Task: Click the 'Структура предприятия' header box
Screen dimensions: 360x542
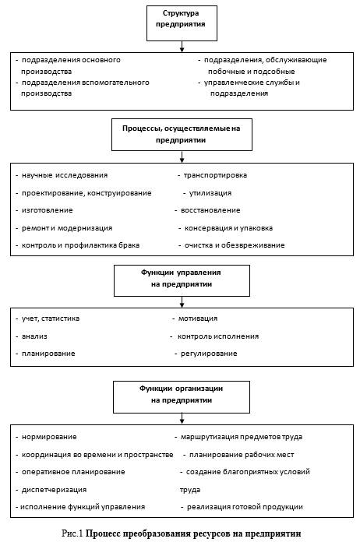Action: pos(182,23)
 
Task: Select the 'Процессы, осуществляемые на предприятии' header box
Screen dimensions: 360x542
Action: pos(182,135)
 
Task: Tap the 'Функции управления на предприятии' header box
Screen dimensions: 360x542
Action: pos(182,280)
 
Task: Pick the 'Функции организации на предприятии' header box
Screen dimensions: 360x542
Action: pos(182,397)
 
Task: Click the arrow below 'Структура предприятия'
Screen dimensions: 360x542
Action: pos(182,47)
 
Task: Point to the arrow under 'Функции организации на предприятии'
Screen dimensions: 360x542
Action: pos(182,419)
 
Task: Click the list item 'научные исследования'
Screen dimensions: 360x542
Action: pos(65,175)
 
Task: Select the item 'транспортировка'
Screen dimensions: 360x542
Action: pos(215,175)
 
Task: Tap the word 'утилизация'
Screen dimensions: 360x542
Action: pos(210,193)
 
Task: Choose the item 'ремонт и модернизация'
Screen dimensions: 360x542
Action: pos(67,228)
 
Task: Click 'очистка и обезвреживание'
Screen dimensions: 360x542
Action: pos(235,245)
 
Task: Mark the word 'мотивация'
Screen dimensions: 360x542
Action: pos(198,319)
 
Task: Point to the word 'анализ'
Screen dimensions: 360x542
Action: pos(34,336)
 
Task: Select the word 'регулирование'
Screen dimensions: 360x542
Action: pos(209,354)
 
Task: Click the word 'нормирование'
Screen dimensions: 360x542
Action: pos(49,437)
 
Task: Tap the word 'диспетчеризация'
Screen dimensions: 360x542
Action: pos(54,490)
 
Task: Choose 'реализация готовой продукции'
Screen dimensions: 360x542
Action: pos(245,507)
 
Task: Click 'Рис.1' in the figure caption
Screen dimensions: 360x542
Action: pos(72,533)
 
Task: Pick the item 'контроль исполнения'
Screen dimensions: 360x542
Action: pos(218,336)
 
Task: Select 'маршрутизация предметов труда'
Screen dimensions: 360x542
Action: pos(242,437)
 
